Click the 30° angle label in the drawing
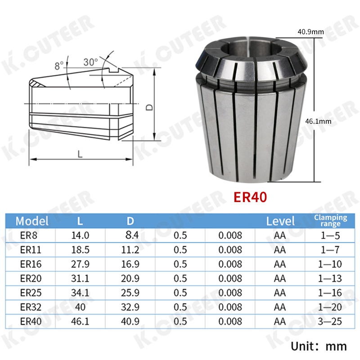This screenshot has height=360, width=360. pyautogui.click(x=90, y=62)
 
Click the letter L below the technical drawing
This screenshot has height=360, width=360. pyautogui.click(x=80, y=154)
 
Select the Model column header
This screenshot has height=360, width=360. pyautogui.click(x=31, y=221)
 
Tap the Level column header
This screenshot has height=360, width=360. pyautogui.click(x=280, y=221)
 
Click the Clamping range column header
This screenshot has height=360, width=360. pyautogui.click(x=330, y=220)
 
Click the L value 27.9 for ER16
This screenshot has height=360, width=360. pyautogui.click(x=80, y=264)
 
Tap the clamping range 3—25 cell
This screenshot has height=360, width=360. pyautogui.click(x=330, y=322)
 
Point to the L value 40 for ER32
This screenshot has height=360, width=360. pyautogui.click(x=80, y=307)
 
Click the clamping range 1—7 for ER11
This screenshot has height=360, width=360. pyautogui.click(x=330, y=250)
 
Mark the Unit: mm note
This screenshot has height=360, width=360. pyautogui.click(x=319, y=346)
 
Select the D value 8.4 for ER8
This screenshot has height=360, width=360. pyautogui.click(x=132, y=235)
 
